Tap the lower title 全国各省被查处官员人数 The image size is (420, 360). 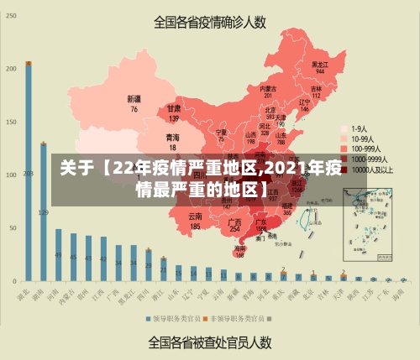[x=210, y=342]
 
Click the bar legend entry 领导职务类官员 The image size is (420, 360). [x=176, y=319]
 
